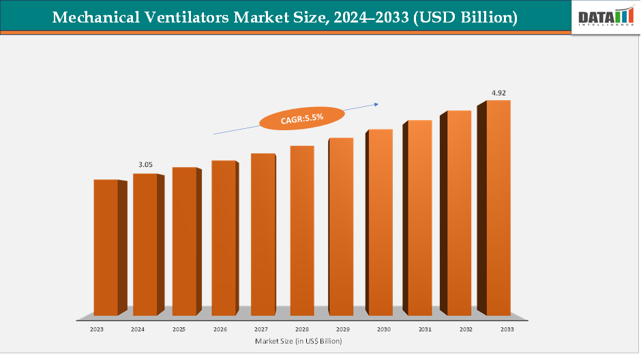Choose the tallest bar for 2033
(x=498, y=207)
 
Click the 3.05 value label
(x=146, y=164)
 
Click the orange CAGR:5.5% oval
(x=301, y=118)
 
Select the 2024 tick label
(x=138, y=329)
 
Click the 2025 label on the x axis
(x=179, y=329)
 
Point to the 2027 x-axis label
(x=261, y=329)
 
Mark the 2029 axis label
(x=343, y=329)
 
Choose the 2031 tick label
(x=425, y=329)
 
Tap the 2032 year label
(x=466, y=329)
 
